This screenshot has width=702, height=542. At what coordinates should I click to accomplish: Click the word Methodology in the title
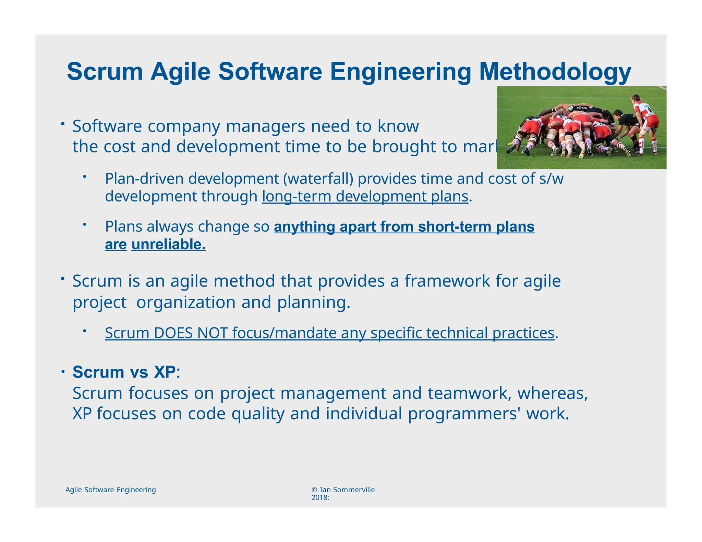pyautogui.click(x=555, y=72)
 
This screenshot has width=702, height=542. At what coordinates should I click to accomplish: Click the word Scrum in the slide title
pyautogui.click(x=105, y=72)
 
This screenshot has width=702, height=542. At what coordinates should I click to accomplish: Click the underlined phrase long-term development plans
pyautogui.click(x=365, y=197)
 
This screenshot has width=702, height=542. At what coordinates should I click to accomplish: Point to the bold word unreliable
pyautogui.click(x=168, y=245)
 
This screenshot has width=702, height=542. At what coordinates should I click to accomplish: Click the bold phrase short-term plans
pyautogui.click(x=476, y=227)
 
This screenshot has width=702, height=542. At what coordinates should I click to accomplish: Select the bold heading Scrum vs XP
pyautogui.click(x=124, y=372)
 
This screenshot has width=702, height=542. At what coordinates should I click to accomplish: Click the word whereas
pyautogui.click(x=552, y=393)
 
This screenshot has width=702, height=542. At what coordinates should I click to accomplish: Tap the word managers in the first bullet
pyautogui.click(x=265, y=126)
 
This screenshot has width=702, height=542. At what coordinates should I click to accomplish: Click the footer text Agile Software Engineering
pyautogui.click(x=110, y=490)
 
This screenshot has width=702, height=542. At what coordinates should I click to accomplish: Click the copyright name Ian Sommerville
pyautogui.click(x=347, y=490)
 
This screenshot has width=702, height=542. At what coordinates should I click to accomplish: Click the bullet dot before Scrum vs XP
pyautogui.click(x=63, y=372)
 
